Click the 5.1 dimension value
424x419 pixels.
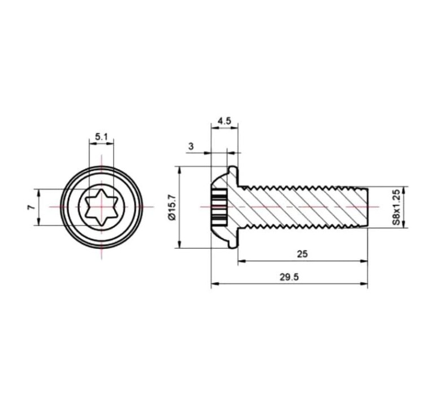(x=101, y=137)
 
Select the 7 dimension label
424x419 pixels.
(x=31, y=207)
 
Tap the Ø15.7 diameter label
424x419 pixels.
(x=172, y=208)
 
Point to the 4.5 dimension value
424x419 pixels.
(x=224, y=120)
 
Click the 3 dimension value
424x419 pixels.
(x=191, y=146)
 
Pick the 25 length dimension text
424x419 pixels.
(x=302, y=254)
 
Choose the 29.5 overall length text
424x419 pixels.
(x=289, y=277)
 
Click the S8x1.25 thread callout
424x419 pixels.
(x=396, y=207)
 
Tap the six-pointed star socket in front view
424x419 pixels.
(x=101, y=207)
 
